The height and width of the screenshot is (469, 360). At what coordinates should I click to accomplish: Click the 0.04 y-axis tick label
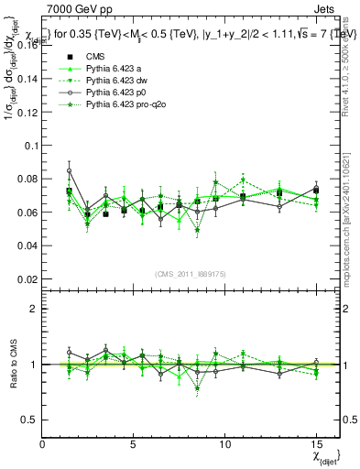point(27,245)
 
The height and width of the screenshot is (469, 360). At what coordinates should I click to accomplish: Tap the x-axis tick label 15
point(316,444)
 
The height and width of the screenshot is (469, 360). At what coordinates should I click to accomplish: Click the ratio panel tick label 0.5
point(29,420)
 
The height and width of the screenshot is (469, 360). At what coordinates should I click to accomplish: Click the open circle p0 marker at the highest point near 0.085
point(70,170)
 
